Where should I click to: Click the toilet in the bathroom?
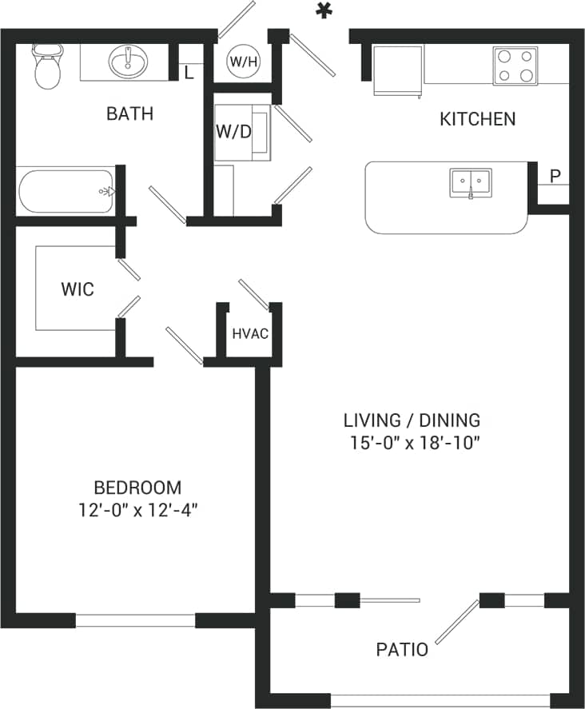[x=47, y=67]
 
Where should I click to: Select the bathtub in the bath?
[x=66, y=190]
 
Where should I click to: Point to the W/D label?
[x=233, y=131]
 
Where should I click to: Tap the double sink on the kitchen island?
[x=470, y=182]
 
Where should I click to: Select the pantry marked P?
[x=553, y=175]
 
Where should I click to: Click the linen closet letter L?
[x=189, y=73]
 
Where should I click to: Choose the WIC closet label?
[x=78, y=289]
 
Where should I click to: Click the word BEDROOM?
[x=137, y=487]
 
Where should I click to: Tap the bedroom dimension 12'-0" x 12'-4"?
[x=137, y=510]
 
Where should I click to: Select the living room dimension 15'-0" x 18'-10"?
[x=412, y=442]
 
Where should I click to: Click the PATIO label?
[x=402, y=650]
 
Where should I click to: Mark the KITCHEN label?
[x=478, y=120]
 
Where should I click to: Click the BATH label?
[x=129, y=114]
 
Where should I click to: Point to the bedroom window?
[x=135, y=619]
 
